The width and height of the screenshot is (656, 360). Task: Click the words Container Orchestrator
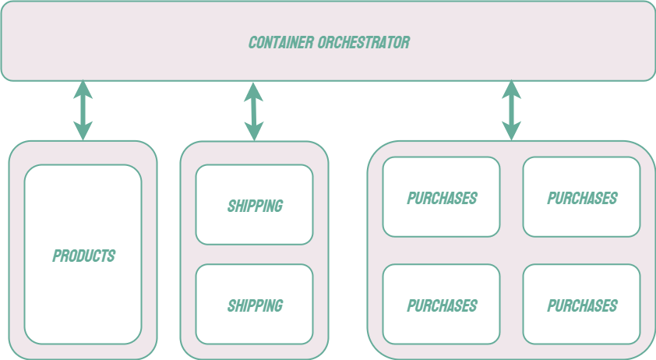[x=329, y=42]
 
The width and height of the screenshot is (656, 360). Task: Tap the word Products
[x=83, y=256]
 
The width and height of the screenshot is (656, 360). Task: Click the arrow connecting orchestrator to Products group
[x=83, y=111]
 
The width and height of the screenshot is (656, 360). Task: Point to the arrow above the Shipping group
[x=254, y=111]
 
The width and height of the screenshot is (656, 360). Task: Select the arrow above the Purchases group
[x=511, y=111]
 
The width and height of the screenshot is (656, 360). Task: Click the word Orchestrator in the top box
[x=365, y=42]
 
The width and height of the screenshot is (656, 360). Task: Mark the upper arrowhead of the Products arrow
[x=83, y=88]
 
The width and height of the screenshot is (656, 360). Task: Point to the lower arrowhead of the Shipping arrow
[x=254, y=132]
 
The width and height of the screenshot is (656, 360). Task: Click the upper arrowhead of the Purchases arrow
[x=511, y=88]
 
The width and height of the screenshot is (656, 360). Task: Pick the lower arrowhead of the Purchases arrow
[x=511, y=132]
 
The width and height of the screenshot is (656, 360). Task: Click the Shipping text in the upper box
[x=255, y=206]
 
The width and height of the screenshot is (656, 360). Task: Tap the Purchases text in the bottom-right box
[x=582, y=306]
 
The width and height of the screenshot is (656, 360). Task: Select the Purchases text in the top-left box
[x=442, y=199]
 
